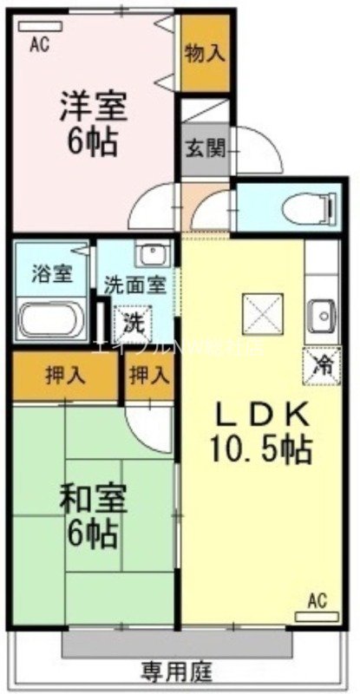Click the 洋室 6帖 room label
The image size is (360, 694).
click(93, 123)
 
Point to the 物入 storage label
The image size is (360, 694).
click(206, 53)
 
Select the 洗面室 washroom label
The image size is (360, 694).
click(130, 284)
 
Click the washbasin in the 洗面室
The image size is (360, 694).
click(153, 255)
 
